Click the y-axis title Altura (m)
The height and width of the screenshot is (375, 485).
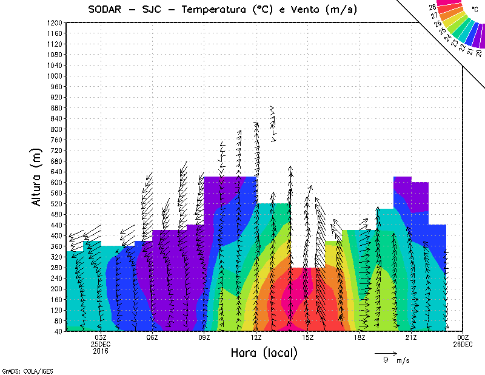coord(37,176)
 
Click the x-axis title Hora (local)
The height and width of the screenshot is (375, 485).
coord(263,353)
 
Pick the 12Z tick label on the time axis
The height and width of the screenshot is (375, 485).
coord(256,337)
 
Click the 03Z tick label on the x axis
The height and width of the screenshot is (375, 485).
coord(101,337)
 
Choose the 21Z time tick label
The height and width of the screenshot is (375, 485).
coord(411,337)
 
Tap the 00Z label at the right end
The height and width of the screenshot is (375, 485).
coord(463,337)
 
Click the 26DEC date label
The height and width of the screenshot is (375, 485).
coord(463,344)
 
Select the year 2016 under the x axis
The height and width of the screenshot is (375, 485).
coord(101,351)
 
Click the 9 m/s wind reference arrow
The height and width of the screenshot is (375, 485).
coord(385,352)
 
